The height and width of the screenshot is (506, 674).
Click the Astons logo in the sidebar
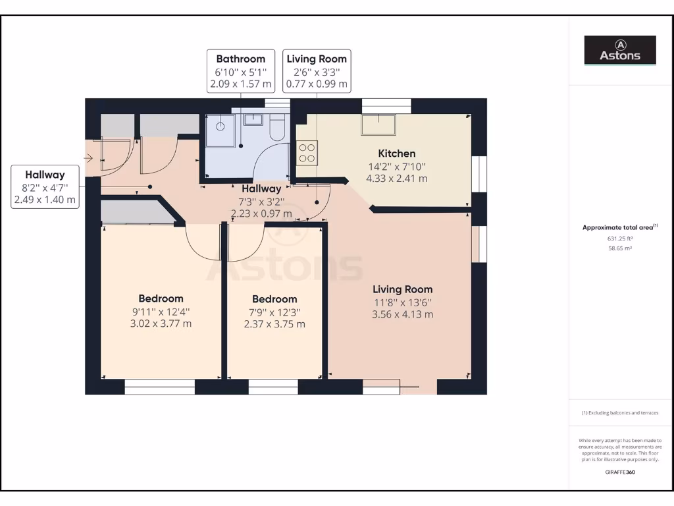tap(620, 50)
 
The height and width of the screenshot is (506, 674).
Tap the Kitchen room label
tap(396, 154)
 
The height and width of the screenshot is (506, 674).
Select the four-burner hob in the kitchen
tap(307, 153)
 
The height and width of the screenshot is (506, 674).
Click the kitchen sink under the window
tap(378, 125)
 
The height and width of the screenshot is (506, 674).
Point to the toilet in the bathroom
tap(277, 127)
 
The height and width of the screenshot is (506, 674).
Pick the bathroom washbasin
tap(253, 120)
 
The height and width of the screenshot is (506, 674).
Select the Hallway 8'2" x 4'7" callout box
tap(45, 187)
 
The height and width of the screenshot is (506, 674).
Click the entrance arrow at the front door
tap(89, 157)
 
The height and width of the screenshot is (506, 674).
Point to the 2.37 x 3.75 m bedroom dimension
tap(274, 324)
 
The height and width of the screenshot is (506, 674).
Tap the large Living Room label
tap(402, 289)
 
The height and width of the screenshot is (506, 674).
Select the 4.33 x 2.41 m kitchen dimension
tap(396, 179)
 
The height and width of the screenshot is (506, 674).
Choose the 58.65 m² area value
tap(619, 250)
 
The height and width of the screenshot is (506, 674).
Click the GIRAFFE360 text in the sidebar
tap(619, 472)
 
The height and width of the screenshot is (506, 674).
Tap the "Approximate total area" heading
tap(619, 227)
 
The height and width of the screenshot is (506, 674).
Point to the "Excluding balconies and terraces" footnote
tap(619, 413)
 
